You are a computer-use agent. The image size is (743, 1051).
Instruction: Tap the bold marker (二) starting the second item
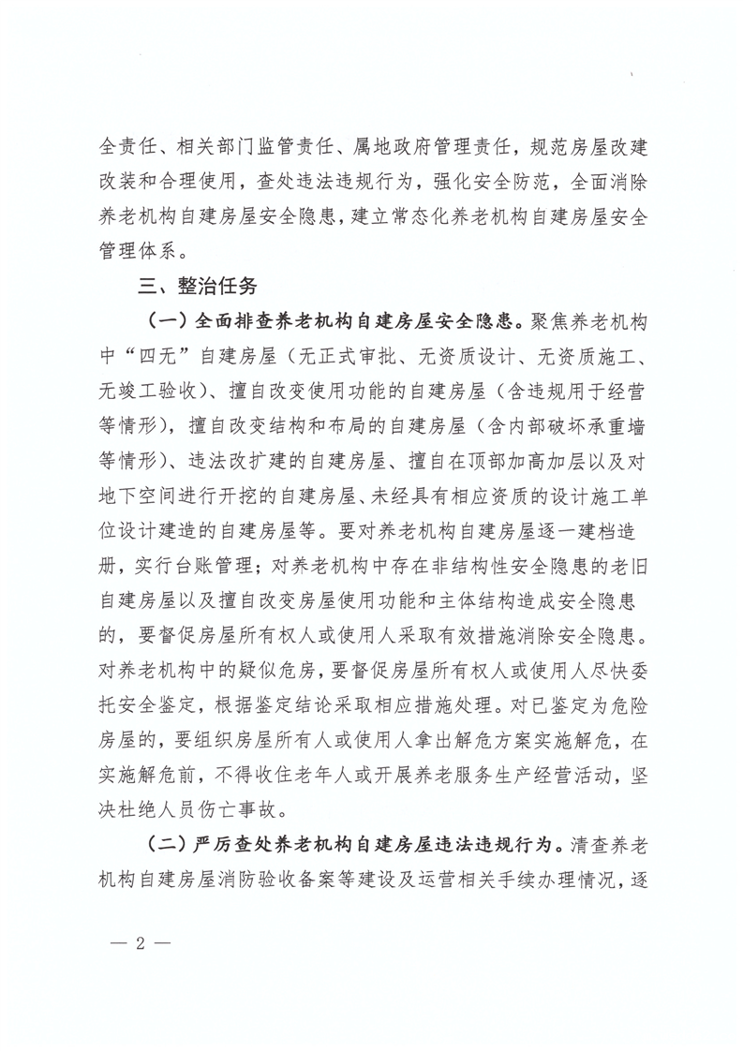pyautogui.click(x=168, y=844)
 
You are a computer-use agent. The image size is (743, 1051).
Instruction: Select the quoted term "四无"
pyautogui.click(x=148, y=356)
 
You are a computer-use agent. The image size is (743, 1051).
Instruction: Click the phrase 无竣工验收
pyautogui.click(x=148, y=391)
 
